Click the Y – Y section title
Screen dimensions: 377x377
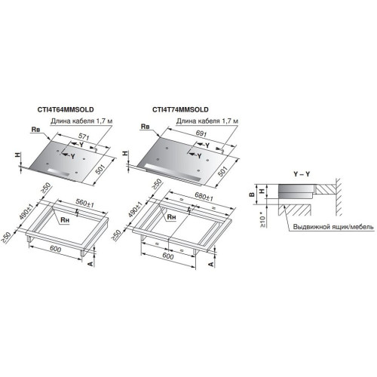pyautogui.click(x=291, y=174)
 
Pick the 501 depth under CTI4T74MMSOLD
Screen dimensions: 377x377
pyautogui.click(x=222, y=171)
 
